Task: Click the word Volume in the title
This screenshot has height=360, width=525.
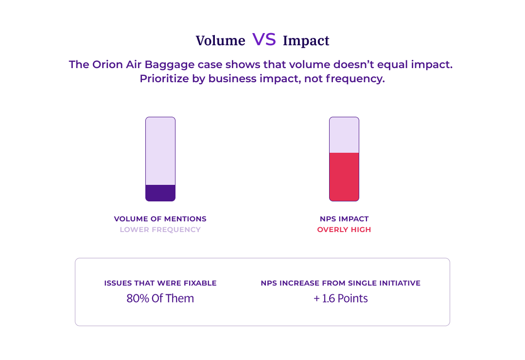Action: tap(220, 41)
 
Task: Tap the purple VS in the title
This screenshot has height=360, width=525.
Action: tap(264, 40)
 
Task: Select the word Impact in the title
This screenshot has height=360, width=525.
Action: tap(306, 41)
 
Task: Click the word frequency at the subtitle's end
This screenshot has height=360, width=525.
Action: tap(355, 79)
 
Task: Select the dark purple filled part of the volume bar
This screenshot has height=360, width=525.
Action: tap(160, 193)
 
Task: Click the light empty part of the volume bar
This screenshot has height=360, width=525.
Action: tap(160, 151)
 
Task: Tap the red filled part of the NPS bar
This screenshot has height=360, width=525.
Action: tap(344, 177)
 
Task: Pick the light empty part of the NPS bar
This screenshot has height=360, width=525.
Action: tap(344, 135)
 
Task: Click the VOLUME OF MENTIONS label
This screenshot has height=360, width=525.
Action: tap(160, 219)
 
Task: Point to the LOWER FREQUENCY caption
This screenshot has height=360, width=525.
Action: tap(160, 230)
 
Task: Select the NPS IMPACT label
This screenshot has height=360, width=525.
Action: tap(344, 219)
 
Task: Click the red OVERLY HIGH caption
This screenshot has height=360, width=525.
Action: tap(344, 230)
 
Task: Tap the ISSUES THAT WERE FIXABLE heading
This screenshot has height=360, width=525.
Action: tap(160, 283)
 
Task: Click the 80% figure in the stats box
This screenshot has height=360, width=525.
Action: tap(138, 299)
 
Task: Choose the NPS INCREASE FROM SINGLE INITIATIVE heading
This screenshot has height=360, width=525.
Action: tap(340, 283)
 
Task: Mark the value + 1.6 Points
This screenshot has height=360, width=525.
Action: tap(340, 299)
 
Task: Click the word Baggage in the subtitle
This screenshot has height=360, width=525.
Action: tap(166, 65)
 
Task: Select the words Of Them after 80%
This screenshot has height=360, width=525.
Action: tap(173, 299)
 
